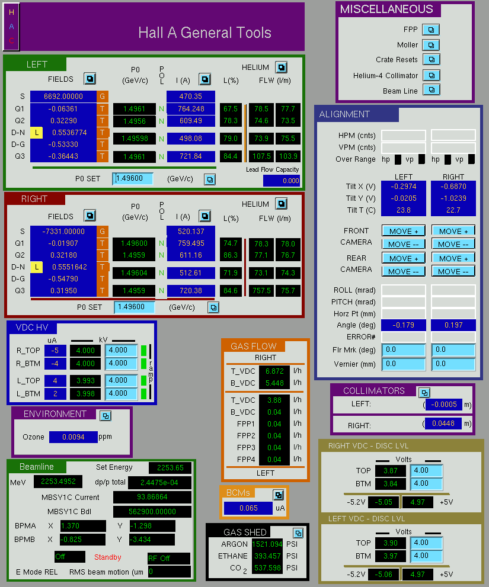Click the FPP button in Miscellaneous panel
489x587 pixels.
[431, 30]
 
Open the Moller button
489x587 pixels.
[431, 45]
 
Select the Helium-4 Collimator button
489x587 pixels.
[432, 75]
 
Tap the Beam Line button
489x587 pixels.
[432, 90]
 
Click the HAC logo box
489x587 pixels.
[11, 27]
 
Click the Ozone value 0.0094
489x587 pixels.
[73, 437]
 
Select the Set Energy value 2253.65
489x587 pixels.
[170, 467]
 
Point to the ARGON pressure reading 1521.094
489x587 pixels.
[267, 544]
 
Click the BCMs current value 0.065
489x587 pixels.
[248, 508]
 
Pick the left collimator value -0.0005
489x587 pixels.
[444, 405]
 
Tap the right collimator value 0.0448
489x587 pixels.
[443, 424]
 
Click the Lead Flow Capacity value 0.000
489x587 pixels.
[282, 181]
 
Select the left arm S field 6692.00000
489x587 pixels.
[63, 96]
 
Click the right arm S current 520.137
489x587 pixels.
[191, 232]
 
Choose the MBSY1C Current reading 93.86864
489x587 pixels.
[152, 497]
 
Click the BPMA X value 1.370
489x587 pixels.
[83, 525]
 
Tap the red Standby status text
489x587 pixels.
[107, 557]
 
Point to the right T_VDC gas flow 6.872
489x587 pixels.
[274, 371]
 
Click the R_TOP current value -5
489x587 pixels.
[55, 351]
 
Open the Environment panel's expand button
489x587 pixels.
[106, 416]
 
